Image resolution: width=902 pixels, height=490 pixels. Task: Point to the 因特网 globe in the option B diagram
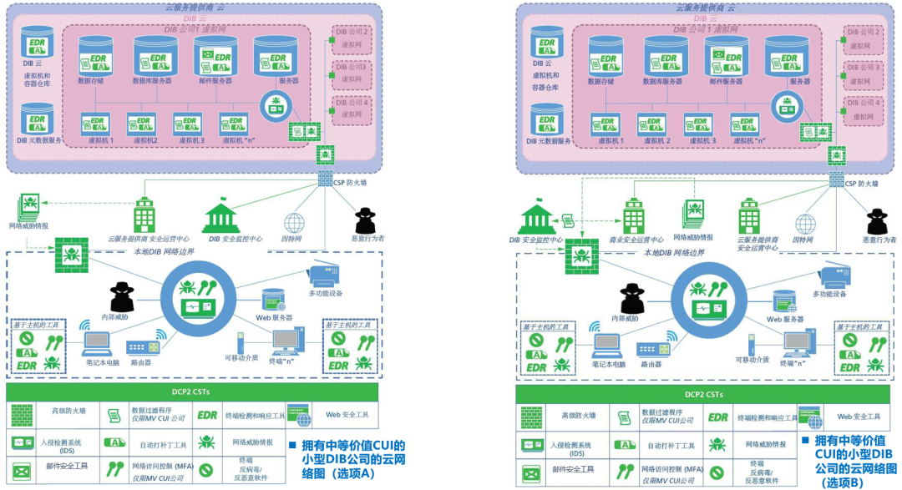coord(805,224)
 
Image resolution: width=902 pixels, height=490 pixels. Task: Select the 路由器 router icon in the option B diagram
coord(656,348)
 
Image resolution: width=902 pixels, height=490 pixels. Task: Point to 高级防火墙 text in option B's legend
coord(577,416)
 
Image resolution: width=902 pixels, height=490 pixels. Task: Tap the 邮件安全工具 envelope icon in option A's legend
coord(22,470)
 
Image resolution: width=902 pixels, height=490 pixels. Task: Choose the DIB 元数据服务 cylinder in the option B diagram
coord(546,122)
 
